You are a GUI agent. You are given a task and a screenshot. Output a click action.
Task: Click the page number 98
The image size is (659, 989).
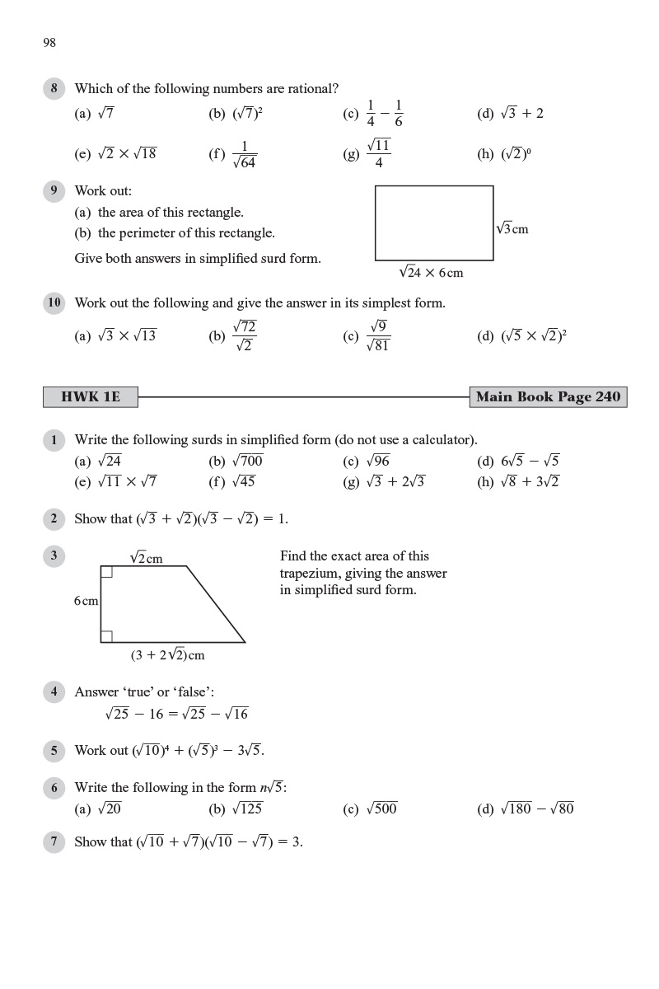point(49,43)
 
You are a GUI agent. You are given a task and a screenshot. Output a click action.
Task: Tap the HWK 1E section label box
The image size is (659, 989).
point(91,397)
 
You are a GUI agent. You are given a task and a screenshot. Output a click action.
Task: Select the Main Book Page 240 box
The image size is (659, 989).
point(548,397)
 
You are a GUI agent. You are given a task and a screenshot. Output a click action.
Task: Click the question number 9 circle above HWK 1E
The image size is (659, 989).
point(54,190)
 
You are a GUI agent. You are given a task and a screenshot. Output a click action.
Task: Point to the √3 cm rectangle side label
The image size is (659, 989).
point(512,228)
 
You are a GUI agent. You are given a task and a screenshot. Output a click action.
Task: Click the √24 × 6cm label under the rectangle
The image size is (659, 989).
point(431,272)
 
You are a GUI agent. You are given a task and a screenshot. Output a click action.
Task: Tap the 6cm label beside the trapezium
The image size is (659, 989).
point(86,601)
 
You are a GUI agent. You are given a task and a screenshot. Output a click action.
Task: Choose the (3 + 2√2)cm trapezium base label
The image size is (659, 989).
point(167,655)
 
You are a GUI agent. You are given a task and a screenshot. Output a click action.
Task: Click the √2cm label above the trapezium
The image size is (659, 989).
point(147,558)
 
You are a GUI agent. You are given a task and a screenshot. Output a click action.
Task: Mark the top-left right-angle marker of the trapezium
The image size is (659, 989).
point(106,572)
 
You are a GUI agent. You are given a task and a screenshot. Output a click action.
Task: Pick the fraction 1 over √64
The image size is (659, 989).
point(245,154)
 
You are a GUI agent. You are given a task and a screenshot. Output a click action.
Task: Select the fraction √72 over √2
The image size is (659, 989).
point(245,335)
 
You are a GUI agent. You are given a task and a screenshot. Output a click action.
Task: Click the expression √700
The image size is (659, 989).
point(247,462)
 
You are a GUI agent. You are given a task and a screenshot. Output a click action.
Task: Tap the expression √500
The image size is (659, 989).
point(381,809)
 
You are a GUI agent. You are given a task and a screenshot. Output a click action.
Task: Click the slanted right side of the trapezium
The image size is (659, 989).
point(216,604)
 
